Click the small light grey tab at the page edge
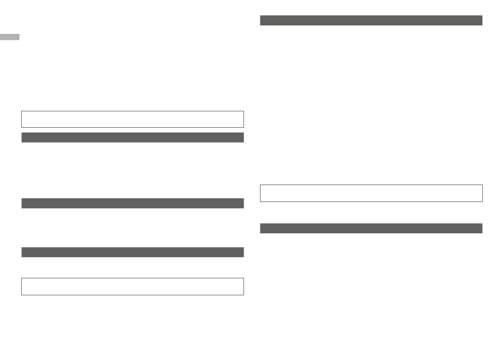pos(10,37)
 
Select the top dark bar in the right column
pos(371,21)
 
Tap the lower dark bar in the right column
pos(371,229)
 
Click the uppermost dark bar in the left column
pos(132,138)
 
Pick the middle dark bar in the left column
pos(132,204)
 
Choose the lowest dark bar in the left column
pos(132,252)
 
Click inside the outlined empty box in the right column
pos(371,193)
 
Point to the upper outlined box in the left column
pos(132,119)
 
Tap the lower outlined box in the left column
pos(132,286)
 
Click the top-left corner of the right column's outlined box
pos(260,185)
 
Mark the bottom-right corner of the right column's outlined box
pos(482,201)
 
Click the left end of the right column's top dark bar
pos(262,21)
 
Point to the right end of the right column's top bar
pos(481,21)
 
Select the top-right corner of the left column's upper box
pos(244,111)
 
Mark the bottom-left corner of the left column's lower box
pos(22,295)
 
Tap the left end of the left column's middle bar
pos(23,204)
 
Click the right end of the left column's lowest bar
pos(242,252)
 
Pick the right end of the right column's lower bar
pos(481,229)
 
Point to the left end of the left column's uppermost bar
pos(23,138)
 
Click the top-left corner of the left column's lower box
pos(22,278)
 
